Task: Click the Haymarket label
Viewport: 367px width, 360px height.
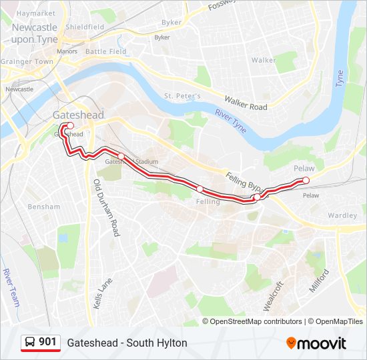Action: [35, 13]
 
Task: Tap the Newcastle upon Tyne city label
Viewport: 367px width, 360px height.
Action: [34, 33]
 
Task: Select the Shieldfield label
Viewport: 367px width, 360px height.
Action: [84, 27]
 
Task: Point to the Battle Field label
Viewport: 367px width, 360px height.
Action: [105, 51]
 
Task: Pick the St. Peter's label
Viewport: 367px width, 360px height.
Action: [183, 96]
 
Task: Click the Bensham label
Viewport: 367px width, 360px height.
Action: [43, 207]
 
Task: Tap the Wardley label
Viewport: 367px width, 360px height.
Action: [342, 216]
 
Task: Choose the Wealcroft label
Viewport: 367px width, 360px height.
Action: [274, 295]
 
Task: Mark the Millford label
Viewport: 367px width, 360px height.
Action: [319, 281]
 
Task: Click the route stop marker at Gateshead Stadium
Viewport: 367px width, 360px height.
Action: [121, 157]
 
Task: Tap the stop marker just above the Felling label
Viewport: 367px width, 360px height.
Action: [200, 189]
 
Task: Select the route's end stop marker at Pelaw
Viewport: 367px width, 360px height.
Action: [306, 181]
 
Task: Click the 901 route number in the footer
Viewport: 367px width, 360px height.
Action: [47, 342]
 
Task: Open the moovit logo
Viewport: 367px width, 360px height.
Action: [316, 343]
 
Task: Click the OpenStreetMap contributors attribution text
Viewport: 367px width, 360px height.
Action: [256, 321]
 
